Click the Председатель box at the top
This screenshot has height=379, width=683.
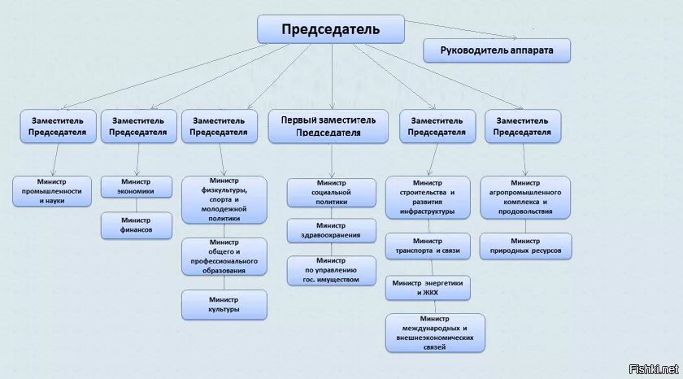coord(331,29)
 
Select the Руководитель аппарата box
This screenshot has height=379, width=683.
coord(497,50)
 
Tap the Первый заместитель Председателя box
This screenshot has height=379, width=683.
coord(328,126)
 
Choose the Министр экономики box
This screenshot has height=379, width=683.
coord(137,186)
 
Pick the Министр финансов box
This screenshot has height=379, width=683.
coord(137,225)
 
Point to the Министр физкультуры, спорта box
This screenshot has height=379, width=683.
coord(224,199)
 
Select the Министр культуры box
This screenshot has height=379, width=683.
coord(224,304)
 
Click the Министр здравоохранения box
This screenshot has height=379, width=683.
coord(331,230)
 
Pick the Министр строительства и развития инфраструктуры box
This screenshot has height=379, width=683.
coord(427,197)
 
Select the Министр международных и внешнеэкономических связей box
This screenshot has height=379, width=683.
coord(435,333)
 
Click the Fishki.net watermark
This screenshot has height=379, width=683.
coord(659,368)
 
